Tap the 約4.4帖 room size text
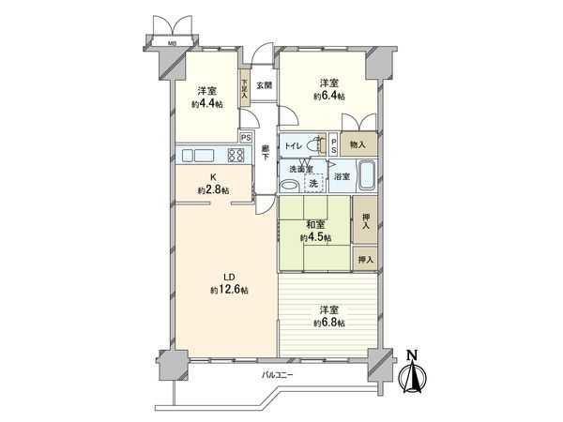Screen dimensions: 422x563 210,103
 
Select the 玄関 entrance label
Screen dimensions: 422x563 265,85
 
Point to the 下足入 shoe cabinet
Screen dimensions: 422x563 244,90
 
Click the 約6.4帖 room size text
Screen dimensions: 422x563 328,97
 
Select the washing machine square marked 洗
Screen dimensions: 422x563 325,181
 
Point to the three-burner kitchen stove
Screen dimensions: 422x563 233,156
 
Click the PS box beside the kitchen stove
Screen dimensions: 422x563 246,138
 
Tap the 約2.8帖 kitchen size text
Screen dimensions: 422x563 213,190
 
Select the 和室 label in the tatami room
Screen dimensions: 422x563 314,225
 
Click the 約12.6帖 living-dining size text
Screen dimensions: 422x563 229,290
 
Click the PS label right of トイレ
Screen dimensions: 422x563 335,144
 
